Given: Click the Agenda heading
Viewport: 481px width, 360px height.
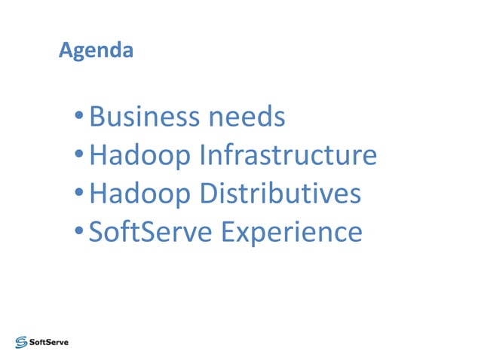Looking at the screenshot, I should [96, 51].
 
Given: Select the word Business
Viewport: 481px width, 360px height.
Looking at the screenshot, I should [143, 117].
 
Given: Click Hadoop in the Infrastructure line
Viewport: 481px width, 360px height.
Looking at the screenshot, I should [139, 156].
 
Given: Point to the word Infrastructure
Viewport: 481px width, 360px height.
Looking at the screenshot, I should [288, 156].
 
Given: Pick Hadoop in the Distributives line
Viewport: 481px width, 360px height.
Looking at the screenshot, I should [139, 194].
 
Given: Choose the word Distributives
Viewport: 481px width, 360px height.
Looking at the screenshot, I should [280, 194].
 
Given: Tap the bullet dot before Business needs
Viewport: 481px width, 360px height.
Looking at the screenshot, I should [79, 118].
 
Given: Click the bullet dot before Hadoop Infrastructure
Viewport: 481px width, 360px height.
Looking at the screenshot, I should [79, 157].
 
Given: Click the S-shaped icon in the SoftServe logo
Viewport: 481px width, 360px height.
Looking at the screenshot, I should [21, 341].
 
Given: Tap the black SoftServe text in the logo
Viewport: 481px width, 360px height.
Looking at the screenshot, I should [48, 341].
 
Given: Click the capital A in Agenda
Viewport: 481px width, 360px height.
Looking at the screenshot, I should [65, 51].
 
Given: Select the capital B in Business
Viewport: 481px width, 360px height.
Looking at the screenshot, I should [97, 117].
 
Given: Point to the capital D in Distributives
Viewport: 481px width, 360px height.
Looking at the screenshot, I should [209, 194].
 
